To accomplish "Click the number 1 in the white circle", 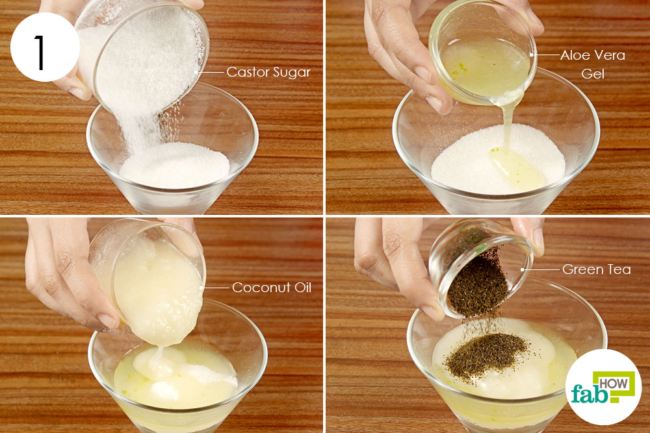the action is tap(40, 52).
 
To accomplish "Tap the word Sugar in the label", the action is tap(292, 73).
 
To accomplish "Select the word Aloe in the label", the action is tap(575, 55).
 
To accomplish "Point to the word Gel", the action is tap(593, 74).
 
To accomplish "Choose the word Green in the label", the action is tap(583, 269).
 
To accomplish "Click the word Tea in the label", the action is tap(619, 269).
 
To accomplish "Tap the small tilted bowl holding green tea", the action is tap(481, 267).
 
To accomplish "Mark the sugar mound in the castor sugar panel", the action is tap(174, 165).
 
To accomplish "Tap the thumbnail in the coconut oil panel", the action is tap(107, 321).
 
